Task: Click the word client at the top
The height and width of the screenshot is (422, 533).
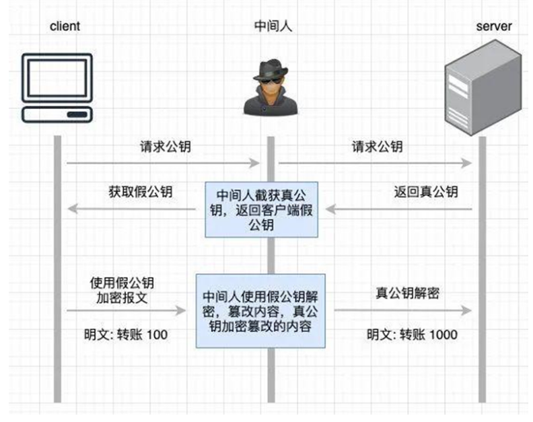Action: tap(65, 27)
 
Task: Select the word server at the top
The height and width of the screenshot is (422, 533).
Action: tap(493, 27)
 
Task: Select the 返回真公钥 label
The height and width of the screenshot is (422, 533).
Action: tap(426, 192)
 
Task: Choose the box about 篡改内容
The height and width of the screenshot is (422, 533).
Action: tap(260, 310)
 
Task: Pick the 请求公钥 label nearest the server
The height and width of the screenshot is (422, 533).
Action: tap(377, 146)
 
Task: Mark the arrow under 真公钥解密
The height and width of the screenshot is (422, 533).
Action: tap(402, 310)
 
